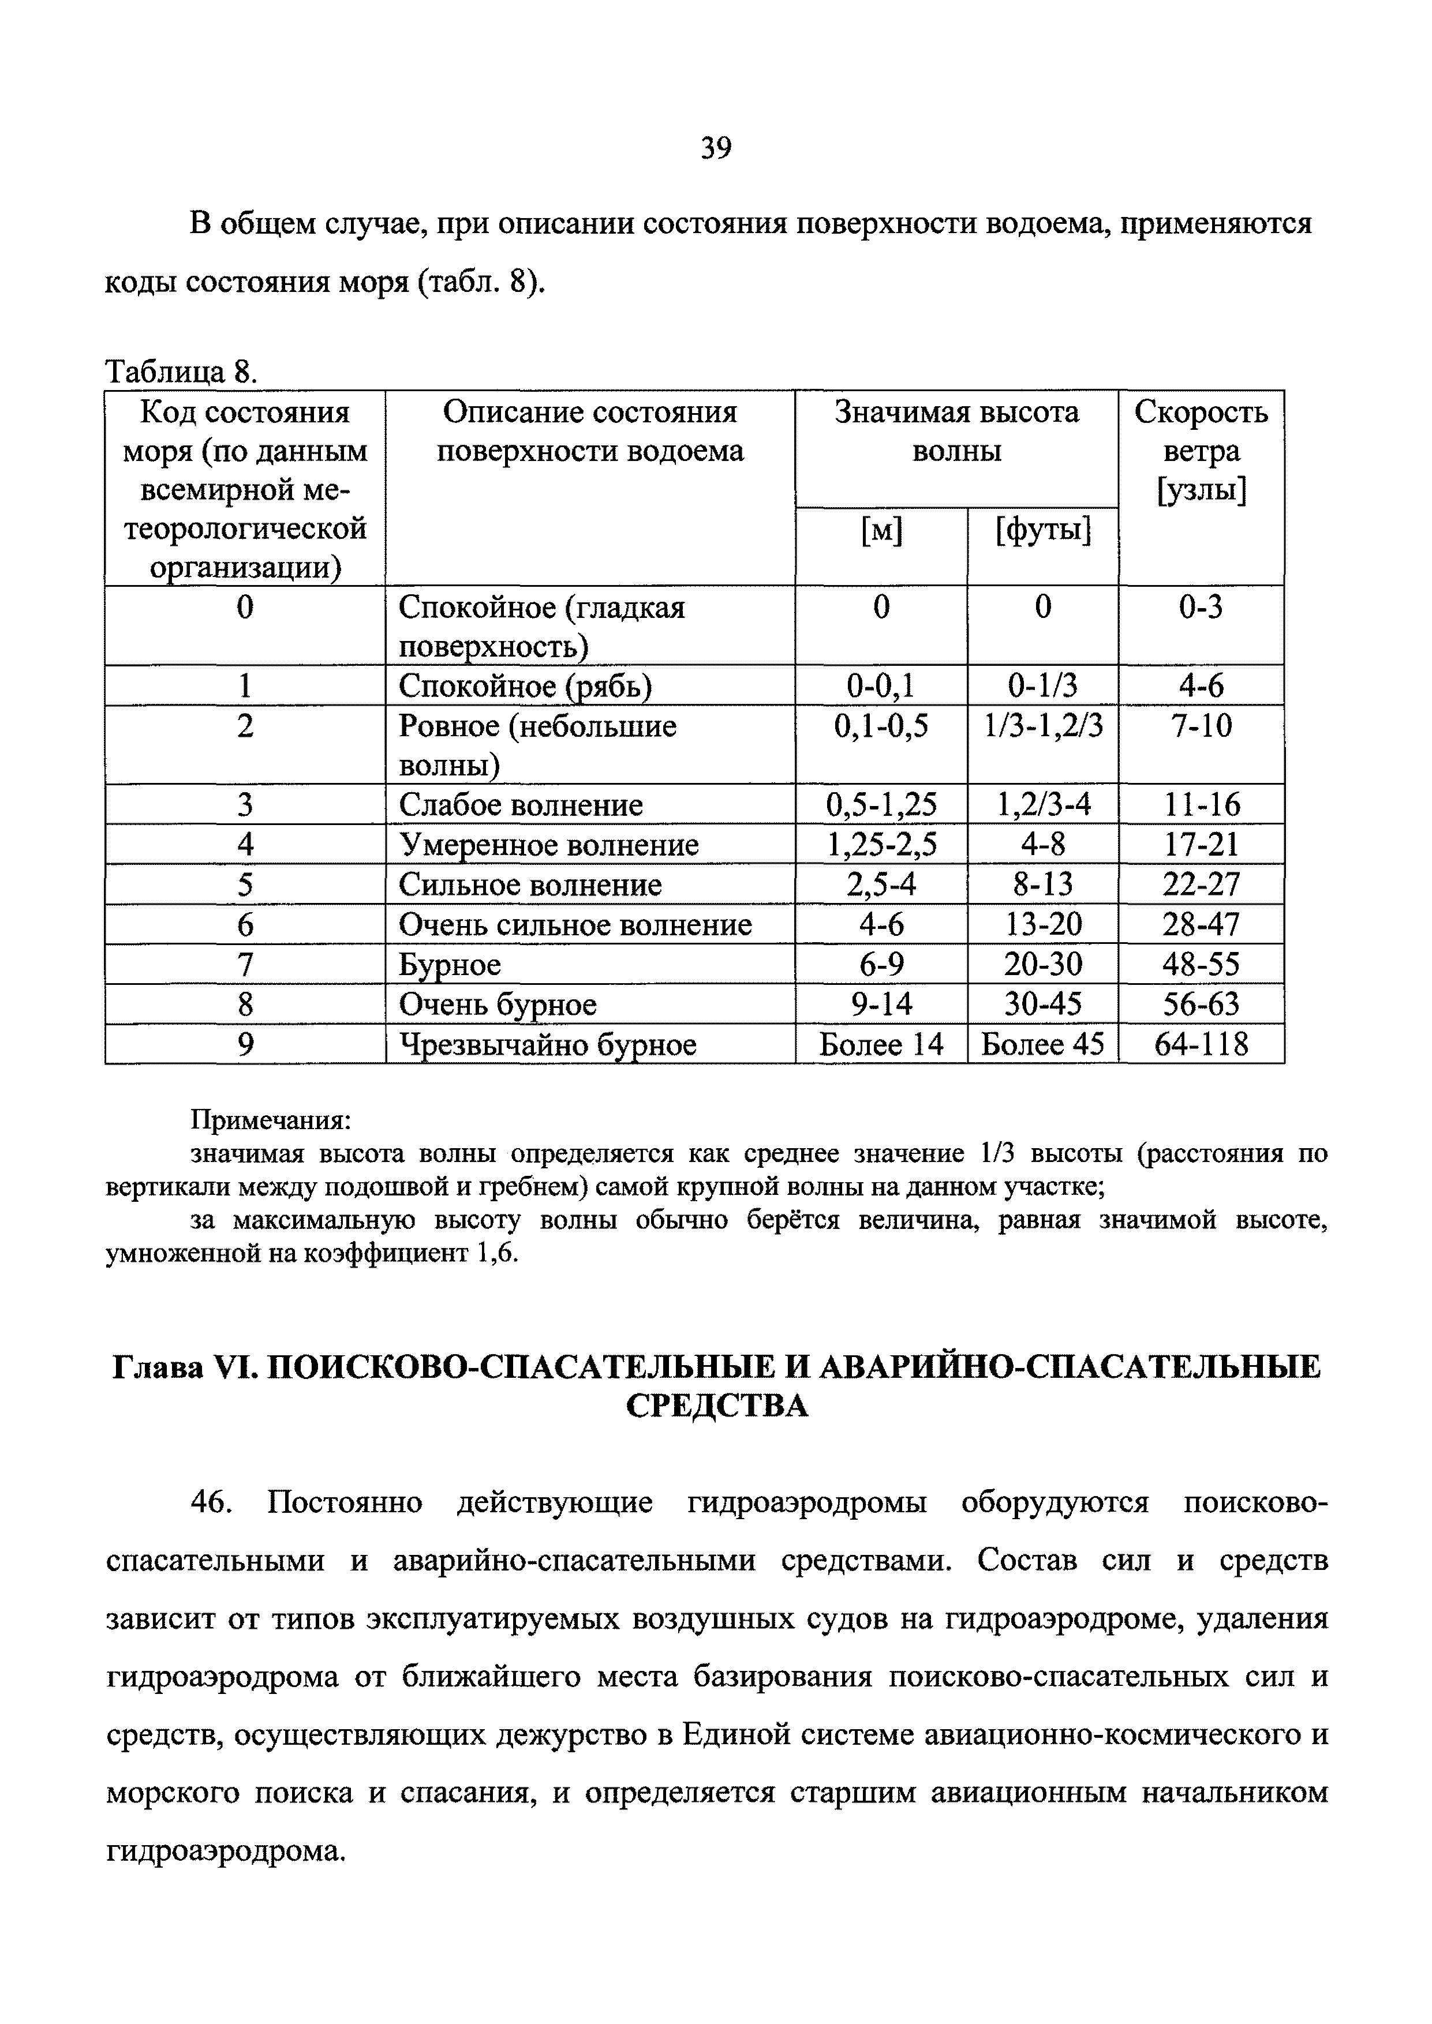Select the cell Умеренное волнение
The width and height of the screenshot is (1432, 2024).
548,845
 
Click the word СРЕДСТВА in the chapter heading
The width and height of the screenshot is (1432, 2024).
716,1406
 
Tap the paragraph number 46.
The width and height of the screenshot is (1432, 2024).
212,1502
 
